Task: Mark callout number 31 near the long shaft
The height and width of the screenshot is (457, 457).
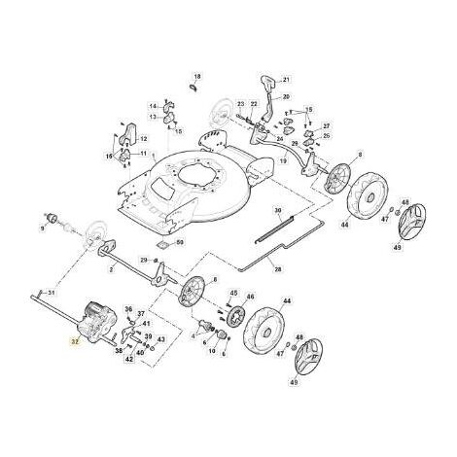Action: tap(53, 293)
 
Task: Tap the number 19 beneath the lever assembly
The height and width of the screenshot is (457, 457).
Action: tap(284, 158)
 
